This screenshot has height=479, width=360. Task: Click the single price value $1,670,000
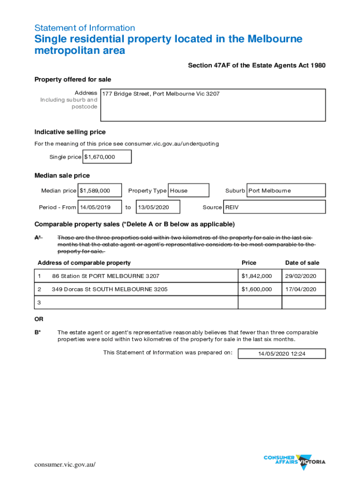click(x=107, y=157)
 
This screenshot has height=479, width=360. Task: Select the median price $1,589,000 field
click(x=100, y=190)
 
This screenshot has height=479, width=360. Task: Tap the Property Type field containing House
click(x=188, y=190)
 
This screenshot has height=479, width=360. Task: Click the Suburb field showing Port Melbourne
click(x=286, y=190)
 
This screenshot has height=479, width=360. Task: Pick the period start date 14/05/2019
click(x=100, y=207)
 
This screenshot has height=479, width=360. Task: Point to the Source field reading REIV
click(x=274, y=207)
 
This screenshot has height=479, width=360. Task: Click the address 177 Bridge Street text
click(x=160, y=94)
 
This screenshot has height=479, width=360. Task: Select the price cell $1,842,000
click(x=259, y=276)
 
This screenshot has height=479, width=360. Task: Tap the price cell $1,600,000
click(x=259, y=290)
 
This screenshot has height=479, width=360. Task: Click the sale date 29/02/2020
click(x=303, y=276)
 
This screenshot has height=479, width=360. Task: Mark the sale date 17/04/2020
click(x=303, y=290)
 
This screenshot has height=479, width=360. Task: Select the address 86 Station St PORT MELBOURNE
click(x=106, y=276)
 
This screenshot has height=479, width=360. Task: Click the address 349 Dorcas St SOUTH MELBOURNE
click(x=109, y=290)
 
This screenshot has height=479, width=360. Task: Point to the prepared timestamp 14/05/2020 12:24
click(x=281, y=354)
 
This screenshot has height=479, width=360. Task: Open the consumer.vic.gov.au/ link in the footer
click(x=65, y=464)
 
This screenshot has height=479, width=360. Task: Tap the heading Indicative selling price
click(x=70, y=132)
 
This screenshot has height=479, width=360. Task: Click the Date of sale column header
click(x=302, y=263)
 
